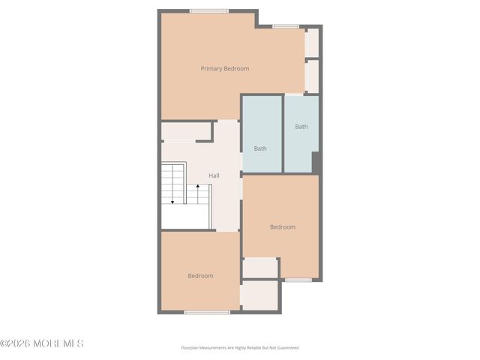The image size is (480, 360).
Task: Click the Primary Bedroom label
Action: [x=224, y=68]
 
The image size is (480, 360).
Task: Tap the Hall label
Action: [x=214, y=175]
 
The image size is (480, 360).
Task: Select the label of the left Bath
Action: [x=260, y=148]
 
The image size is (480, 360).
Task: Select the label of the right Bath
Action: [x=301, y=127]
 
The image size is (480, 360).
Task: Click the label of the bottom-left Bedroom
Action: [x=200, y=276]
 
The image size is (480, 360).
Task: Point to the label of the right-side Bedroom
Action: [x=283, y=226]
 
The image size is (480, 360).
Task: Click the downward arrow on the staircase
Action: [x=172, y=201]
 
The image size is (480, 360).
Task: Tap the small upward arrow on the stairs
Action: [x=187, y=184]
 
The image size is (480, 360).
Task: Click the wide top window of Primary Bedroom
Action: [x=209, y=10]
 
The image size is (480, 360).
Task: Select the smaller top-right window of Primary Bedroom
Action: [x=286, y=27]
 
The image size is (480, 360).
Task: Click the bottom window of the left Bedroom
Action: [x=207, y=312]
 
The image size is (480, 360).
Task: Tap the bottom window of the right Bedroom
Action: [x=298, y=280]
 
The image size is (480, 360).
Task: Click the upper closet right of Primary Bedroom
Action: [x=313, y=43]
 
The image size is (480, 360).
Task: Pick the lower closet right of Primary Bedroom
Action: [x=313, y=76]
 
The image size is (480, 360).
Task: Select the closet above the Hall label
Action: [x=187, y=132]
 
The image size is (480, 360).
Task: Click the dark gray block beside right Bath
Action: [x=316, y=163]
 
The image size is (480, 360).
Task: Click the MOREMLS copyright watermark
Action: [x=42, y=343]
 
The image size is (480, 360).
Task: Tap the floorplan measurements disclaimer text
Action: [x=239, y=348]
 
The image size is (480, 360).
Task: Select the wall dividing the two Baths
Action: [x=283, y=133]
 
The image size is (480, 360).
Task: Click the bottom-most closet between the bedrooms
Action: [x=260, y=295]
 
